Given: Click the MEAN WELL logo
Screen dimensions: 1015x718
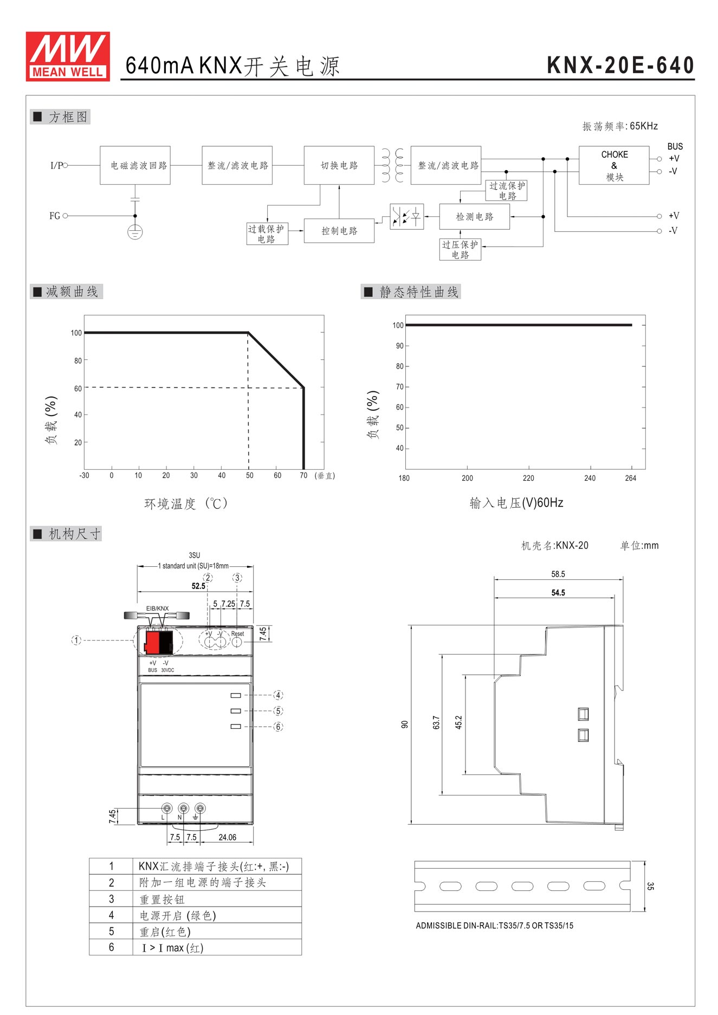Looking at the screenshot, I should [68, 56].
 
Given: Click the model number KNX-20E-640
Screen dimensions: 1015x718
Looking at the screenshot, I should [620, 66].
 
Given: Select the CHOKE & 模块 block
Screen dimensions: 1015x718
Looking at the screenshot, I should [613, 165].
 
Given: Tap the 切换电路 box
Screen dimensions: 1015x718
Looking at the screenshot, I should [339, 165].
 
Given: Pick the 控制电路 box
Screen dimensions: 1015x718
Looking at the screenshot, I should [339, 231].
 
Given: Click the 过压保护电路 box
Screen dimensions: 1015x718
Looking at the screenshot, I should [460, 250].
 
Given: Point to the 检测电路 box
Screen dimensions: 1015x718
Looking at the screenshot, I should [474, 217].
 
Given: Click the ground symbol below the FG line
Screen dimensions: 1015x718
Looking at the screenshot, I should [135, 232].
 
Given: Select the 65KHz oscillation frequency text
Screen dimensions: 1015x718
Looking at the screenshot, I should [643, 126].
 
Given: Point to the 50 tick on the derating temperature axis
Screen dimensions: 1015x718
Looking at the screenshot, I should [249, 475].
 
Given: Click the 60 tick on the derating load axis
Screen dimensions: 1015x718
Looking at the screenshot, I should [78, 388].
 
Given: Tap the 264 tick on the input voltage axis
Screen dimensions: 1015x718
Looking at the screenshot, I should [630, 478].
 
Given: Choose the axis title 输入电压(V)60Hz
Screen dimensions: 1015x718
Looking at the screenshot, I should [516, 503].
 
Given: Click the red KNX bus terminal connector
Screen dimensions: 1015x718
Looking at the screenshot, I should [153, 642].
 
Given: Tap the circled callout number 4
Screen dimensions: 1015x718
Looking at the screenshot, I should [278, 695].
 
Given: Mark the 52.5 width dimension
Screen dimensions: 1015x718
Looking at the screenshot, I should [198, 586].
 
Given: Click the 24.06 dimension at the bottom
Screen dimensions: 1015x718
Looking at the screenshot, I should [227, 837].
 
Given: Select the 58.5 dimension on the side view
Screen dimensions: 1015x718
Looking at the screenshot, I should [558, 574].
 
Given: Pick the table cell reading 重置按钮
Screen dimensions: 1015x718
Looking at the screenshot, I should [162, 900].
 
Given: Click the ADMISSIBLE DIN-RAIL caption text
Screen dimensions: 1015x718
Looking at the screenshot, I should [494, 926].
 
